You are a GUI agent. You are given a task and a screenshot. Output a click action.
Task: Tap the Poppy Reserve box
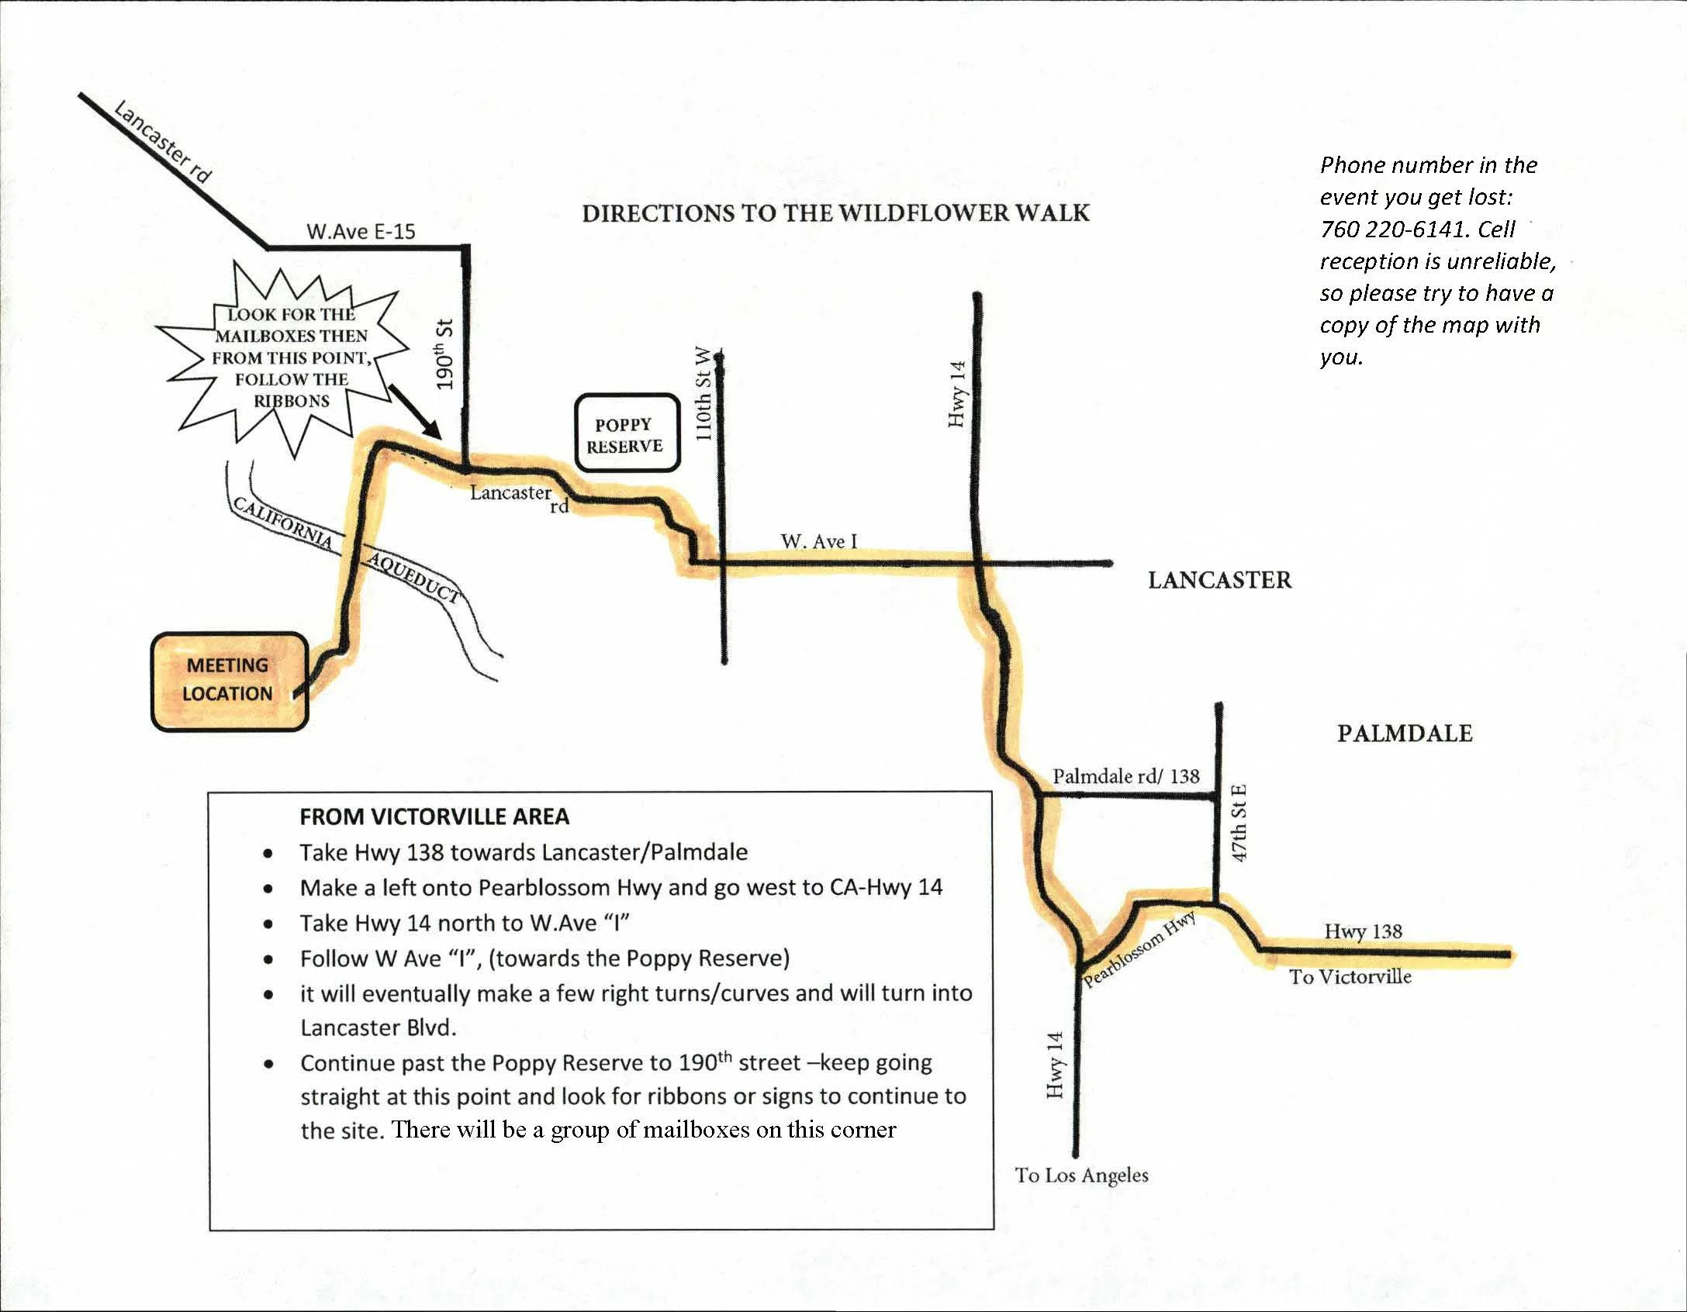(627, 434)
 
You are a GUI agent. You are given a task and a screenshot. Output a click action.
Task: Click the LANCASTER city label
(1219, 580)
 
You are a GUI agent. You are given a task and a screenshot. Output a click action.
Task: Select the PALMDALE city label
(1404, 734)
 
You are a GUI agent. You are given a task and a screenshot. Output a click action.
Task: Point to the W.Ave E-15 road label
(361, 231)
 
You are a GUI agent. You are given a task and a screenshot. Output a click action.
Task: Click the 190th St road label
(444, 354)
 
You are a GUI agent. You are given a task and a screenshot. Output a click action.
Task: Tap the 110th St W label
(703, 393)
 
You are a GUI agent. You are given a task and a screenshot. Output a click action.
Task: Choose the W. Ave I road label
(818, 541)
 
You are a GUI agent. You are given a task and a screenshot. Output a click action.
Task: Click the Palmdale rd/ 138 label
(1125, 776)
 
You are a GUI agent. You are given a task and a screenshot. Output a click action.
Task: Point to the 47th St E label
(1239, 823)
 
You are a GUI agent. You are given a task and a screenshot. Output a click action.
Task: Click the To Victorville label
(1350, 977)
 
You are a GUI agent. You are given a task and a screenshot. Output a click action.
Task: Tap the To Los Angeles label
(1081, 1176)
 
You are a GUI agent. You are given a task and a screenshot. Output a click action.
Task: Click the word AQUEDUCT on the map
(413, 577)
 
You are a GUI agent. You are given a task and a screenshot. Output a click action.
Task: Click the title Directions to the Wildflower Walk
(835, 213)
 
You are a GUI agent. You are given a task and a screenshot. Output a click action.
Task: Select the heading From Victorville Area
(434, 817)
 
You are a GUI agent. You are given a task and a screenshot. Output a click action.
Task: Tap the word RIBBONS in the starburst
(292, 401)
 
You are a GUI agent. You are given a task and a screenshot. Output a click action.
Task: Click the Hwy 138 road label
(1363, 930)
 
